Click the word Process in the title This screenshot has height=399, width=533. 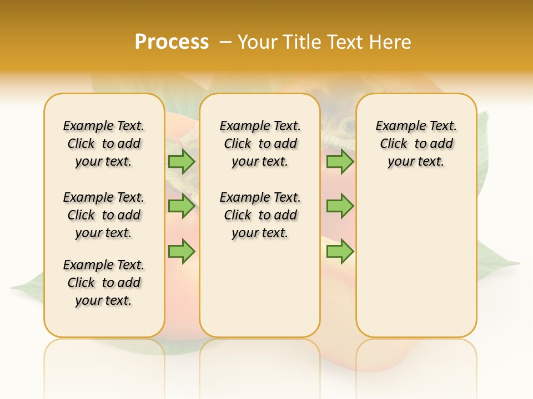pos(172,42)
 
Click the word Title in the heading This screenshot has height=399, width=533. pos(302,42)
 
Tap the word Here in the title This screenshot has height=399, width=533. pos(391,42)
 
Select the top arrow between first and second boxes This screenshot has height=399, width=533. pos(182,161)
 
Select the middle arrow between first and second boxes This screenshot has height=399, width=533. pos(182,206)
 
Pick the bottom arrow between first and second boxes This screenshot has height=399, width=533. pos(182,251)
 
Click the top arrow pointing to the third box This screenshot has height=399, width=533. pos(340,161)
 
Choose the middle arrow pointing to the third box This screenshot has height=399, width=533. pos(340,206)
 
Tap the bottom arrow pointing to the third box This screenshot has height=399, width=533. pos(340,251)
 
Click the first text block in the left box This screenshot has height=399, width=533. pos(104,144)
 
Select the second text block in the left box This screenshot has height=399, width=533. pos(104,215)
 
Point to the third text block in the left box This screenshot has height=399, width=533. pos(104,283)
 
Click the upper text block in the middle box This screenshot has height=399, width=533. pos(260,144)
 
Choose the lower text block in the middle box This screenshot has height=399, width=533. pos(260,215)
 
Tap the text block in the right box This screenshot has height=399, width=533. pos(416,144)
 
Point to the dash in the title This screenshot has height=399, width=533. pos(225,42)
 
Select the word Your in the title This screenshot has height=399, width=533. pos(257,42)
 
